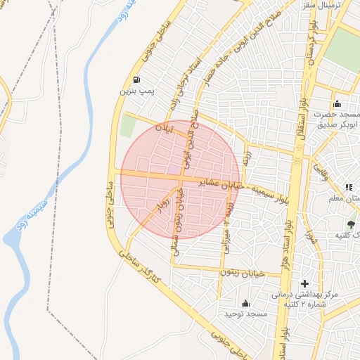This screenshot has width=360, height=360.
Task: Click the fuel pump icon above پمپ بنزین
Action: click(x=135, y=79)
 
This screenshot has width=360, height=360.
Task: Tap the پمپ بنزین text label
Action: click(x=135, y=91)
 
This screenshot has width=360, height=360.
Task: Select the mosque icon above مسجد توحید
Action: click(x=245, y=303)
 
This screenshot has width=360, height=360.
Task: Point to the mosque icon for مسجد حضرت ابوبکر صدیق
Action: click(x=337, y=103)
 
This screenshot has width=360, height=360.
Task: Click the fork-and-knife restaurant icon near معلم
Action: click(x=348, y=187)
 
